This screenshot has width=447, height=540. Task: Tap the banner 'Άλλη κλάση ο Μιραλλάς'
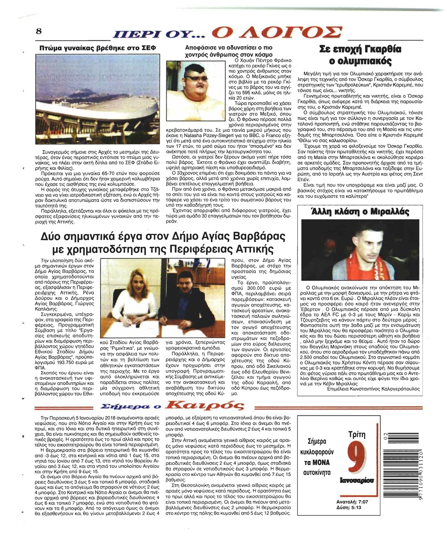(360, 212)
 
